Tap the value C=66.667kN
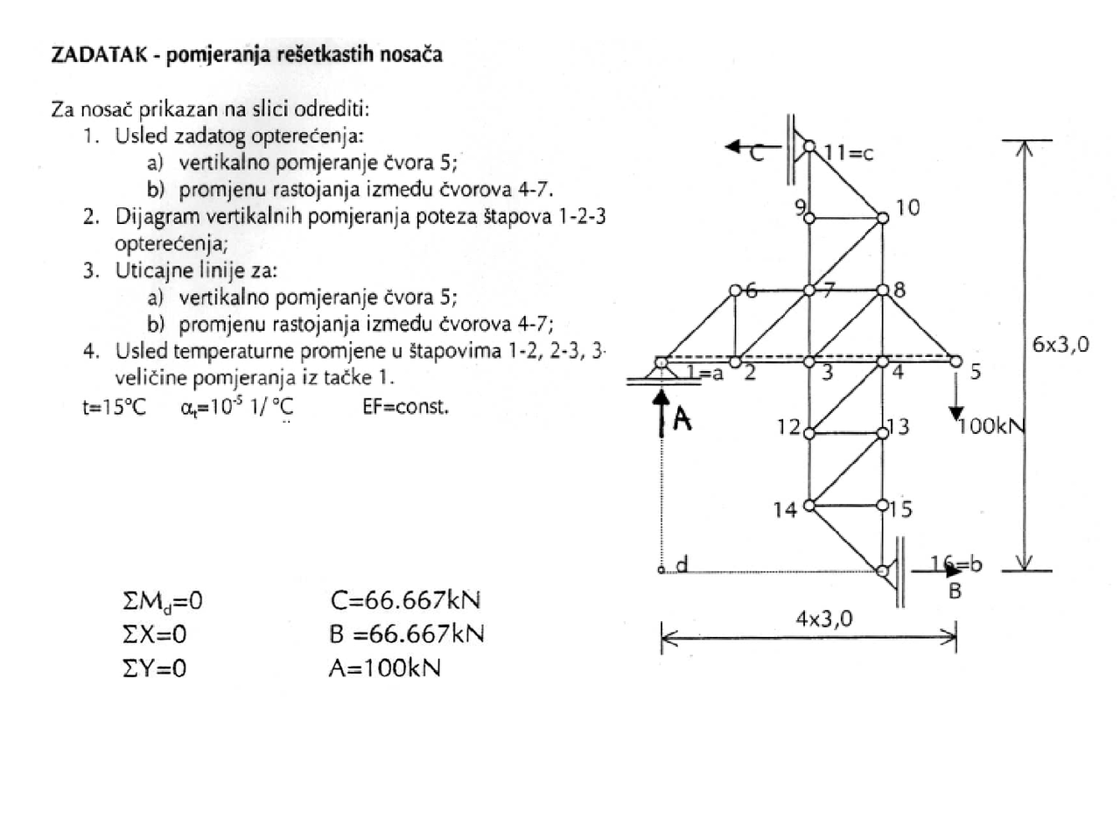click(x=406, y=600)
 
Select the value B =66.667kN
click(x=407, y=633)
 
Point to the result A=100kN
click(x=385, y=668)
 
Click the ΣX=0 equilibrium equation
click(x=155, y=634)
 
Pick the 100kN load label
click(x=991, y=426)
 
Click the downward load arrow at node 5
click(x=956, y=398)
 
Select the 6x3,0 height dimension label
click(x=1060, y=344)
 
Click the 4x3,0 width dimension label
click(x=822, y=619)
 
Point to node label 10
click(x=907, y=207)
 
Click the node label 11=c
click(x=849, y=153)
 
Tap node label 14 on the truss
click(x=785, y=509)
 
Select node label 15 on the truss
click(x=900, y=509)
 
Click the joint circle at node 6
click(x=735, y=290)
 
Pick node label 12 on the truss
click(x=788, y=427)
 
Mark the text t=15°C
click(x=114, y=407)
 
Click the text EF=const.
click(x=405, y=407)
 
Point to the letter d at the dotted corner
click(x=682, y=564)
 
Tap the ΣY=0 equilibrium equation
click(x=155, y=668)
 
